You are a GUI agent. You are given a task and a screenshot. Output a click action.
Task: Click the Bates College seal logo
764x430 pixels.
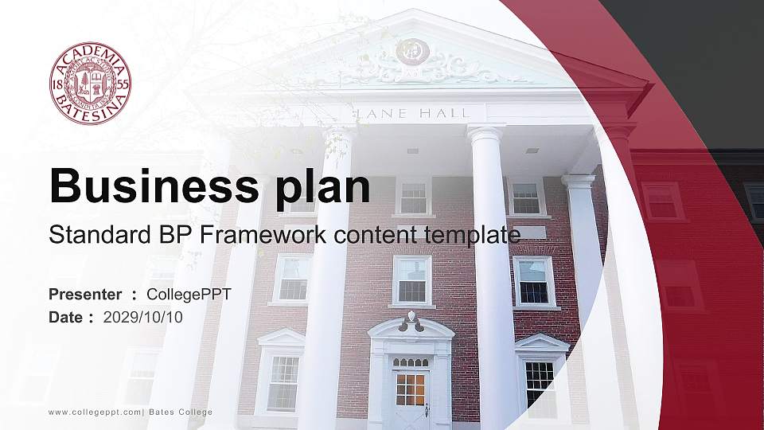tap(90, 84)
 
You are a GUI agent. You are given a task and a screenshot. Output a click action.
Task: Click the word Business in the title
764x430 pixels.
tap(154, 186)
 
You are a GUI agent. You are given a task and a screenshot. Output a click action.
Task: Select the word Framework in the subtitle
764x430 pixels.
tap(263, 234)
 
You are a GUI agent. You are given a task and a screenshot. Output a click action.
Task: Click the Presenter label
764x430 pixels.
tap(85, 295)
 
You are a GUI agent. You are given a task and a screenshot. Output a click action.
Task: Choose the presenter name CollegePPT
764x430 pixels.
tap(189, 295)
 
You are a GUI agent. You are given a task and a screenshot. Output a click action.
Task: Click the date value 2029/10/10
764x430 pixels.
tap(142, 318)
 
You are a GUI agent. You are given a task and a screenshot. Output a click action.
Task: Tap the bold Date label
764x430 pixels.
tap(66, 318)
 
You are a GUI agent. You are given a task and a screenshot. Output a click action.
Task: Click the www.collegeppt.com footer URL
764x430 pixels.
tap(95, 412)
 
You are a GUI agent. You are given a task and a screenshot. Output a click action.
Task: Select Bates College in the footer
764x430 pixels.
tap(181, 412)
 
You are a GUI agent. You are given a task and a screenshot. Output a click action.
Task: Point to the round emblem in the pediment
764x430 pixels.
tap(412, 51)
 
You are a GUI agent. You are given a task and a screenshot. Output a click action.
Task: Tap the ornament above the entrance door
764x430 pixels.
tap(411, 322)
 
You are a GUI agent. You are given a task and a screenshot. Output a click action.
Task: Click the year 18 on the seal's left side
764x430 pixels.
tap(57, 84)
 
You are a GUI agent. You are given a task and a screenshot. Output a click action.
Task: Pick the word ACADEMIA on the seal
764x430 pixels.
tap(91, 56)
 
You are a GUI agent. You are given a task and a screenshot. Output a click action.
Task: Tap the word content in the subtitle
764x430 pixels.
tap(375, 235)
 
